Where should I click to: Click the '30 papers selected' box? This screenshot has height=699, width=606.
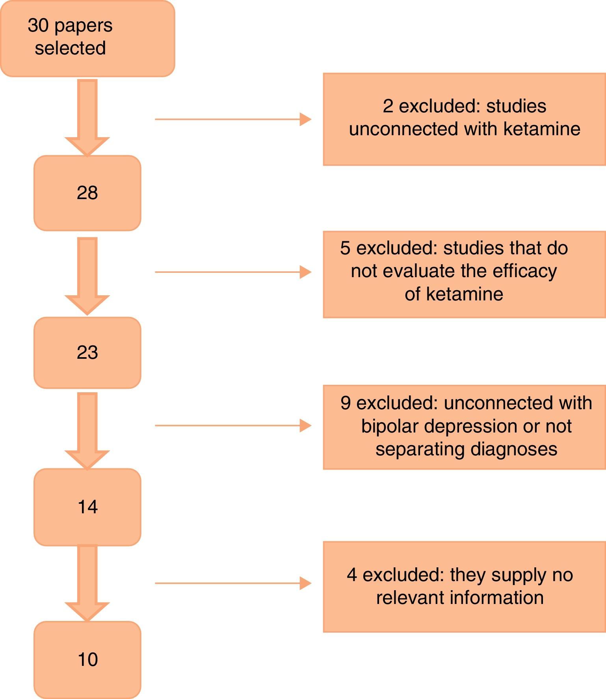point(87,38)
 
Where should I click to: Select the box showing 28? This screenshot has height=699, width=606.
point(87,193)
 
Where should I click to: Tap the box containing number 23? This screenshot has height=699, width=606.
point(87,352)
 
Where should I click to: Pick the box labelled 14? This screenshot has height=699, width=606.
point(87,507)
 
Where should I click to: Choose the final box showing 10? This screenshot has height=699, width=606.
point(87,660)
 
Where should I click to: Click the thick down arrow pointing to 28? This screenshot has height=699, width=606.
point(87,117)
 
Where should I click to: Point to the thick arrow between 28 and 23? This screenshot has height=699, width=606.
point(87,276)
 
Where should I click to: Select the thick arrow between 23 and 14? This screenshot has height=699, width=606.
point(87,431)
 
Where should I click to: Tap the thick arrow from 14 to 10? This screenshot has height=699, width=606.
point(87,583)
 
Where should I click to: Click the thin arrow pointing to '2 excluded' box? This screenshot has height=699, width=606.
point(233,119)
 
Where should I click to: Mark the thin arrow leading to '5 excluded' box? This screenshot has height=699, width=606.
point(233,272)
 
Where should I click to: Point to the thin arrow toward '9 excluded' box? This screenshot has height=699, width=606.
point(233,426)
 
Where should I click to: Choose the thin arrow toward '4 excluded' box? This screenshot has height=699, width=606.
point(233,583)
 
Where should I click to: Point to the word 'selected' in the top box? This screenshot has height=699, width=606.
point(70,48)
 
